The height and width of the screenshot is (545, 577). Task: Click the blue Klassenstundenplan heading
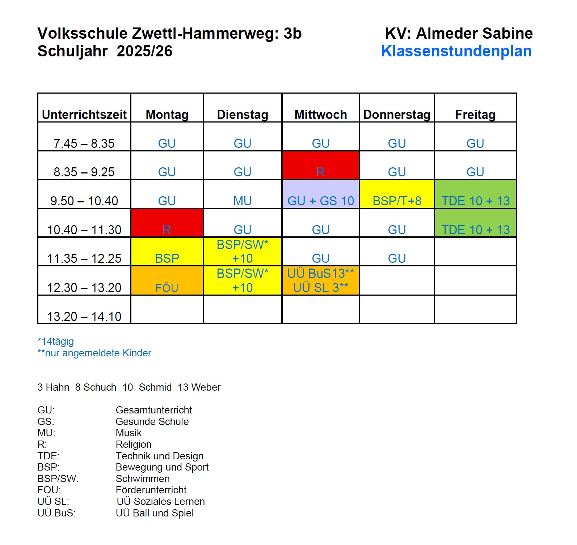click(456, 51)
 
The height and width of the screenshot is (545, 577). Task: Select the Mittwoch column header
click(321, 115)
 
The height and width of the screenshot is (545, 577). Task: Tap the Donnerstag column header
click(397, 115)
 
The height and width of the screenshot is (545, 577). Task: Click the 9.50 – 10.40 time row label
click(84, 201)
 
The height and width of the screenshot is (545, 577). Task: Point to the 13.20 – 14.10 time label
click(84, 316)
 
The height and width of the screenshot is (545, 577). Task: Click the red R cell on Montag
click(167, 223)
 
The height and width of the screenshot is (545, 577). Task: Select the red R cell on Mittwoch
click(321, 166)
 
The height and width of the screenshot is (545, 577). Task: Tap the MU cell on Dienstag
click(243, 201)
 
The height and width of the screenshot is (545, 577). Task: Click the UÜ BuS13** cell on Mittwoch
click(321, 274)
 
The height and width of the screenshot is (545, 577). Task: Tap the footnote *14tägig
click(56, 342)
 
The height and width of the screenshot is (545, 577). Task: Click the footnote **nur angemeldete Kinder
click(94, 353)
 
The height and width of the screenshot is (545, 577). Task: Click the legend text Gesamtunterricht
click(154, 410)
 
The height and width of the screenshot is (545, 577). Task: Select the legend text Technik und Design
click(160, 456)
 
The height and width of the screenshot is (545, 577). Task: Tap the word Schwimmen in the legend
click(143, 479)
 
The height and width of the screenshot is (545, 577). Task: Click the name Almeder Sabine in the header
click(474, 33)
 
